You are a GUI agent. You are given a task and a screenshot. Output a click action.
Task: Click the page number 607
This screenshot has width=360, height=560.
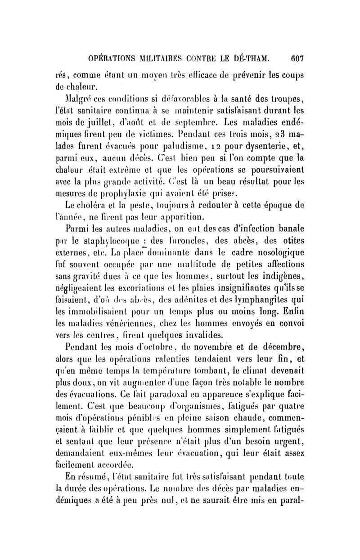pos(297,59)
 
